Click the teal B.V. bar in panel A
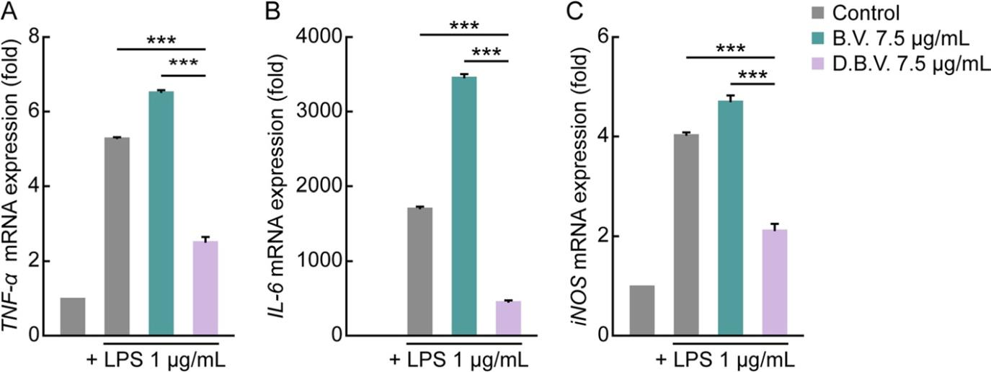coord(161,213)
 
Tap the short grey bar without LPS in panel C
coord(641,311)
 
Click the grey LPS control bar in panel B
coord(419,271)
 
